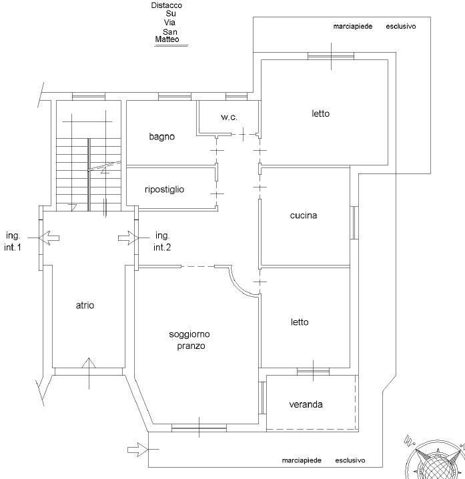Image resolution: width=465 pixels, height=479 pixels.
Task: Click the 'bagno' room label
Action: click(x=161, y=137)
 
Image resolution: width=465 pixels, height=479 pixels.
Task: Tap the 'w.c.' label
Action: click(x=229, y=117)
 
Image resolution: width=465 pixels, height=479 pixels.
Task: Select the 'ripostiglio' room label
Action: click(x=164, y=189)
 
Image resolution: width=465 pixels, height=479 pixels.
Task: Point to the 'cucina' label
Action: click(x=304, y=215)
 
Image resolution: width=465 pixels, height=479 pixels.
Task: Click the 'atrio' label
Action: click(x=85, y=305)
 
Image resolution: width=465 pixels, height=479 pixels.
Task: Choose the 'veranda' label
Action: click(x=306, y=404)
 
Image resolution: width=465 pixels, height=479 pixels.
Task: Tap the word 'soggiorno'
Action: click(x=189, y=334)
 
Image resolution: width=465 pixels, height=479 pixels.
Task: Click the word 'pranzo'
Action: click(x=191, y=346)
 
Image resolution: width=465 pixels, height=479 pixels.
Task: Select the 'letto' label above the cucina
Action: click(x=320, y=113)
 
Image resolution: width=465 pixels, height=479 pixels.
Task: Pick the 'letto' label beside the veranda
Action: click(x=300, y=322)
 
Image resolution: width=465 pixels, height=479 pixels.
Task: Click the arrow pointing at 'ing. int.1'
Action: click(x=49, y=238)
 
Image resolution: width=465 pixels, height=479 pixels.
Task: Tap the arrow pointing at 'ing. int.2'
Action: click(x=128, y=238)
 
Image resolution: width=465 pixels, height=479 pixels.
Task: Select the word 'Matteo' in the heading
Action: click(x=167, y=39)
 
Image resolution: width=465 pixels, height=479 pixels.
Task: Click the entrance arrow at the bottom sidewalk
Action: click(x=138, y=450)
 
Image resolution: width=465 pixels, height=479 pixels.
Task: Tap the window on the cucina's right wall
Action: click(x=354, y=223)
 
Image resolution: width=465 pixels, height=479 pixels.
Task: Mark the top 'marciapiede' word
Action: click(x=353, y=27)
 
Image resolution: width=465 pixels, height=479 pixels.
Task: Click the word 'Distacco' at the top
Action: click(x=167, y=5)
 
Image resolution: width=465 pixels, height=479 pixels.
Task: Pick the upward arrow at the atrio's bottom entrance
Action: click(x=89, y=373)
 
